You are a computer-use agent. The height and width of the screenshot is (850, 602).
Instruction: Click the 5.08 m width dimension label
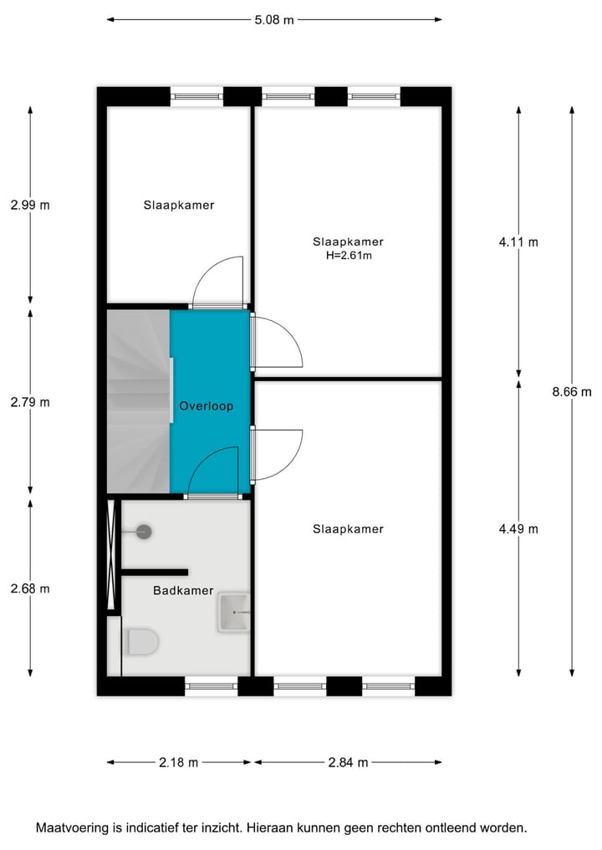pyautogui.click(x=275, y=20)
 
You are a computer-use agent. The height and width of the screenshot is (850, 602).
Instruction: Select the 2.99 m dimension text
pyautogui.click(x=30, y=205)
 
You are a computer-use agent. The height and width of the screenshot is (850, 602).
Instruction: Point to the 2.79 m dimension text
pyautogui.click(x=30, y=402)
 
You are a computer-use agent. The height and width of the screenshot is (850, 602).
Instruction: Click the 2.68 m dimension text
pyautogui.click(x=30, y=588)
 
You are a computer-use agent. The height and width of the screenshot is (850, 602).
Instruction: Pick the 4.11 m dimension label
pyautogui.click(x=518, y=242)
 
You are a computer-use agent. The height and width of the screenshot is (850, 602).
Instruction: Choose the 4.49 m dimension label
pyautogui.click(x=518, y=528)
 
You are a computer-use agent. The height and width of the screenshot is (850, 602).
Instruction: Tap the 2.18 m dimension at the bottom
pyautogui.click(x=178, y=762)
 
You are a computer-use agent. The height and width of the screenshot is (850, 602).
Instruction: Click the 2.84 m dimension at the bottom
pyautogui.click(x=348, y=762)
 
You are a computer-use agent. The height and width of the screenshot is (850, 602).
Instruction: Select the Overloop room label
pyautogui.click(x=206, y=406)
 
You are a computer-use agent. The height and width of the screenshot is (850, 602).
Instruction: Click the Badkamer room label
pyautogui.click(x=182, y=590)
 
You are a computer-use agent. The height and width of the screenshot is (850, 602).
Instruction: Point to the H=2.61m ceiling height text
pyautogui.click(x=348, y=256)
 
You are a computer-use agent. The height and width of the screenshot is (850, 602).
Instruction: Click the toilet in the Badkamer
pyautogui.click(x=143, y=643)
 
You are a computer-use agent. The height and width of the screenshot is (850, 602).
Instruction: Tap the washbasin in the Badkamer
pyautogui.click(x=234, y=613)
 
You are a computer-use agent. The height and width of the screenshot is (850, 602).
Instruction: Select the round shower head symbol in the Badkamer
pyautogui.click(x=143, y=531)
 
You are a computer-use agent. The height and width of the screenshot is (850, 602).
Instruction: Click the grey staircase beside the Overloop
pyautogui.click(x=138, y=401)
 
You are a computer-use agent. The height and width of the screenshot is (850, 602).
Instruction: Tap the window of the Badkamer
pyautogui.click(x=212, y=686)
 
